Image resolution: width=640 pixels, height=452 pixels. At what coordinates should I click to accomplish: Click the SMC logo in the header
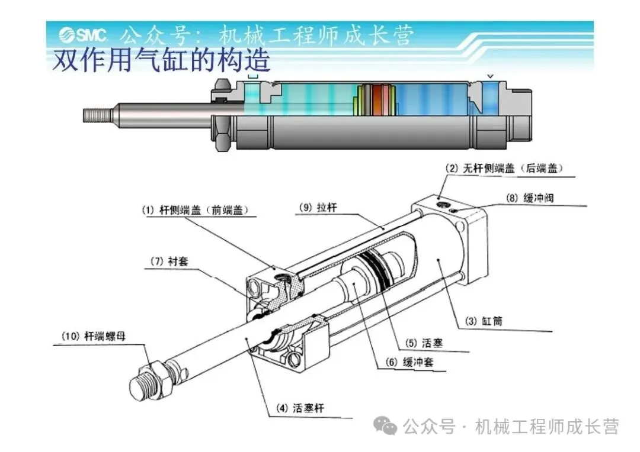click(84, 35)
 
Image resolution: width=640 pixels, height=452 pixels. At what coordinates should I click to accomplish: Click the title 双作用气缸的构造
click(162, 61)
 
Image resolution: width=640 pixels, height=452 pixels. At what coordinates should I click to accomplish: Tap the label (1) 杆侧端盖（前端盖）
click(195, 210)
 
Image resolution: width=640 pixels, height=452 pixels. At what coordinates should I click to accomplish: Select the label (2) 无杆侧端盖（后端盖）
click(504, 169)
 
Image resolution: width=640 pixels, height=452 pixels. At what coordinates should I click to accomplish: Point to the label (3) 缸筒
click(484, 321)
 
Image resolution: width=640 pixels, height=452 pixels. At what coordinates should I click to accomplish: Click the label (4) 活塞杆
click(300, 408)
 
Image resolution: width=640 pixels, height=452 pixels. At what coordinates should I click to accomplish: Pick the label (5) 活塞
click(424, 343)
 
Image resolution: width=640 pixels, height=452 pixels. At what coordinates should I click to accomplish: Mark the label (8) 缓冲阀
click(530, 198)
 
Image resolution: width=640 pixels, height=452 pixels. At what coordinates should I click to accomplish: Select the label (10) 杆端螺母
click(94, 336)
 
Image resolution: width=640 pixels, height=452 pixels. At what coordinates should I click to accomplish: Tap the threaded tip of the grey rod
click(97, 115)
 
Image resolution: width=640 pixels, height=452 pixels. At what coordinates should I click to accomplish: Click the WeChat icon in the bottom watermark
click(385, 426)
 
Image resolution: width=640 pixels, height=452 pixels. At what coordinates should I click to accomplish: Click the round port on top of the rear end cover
click(441, 204)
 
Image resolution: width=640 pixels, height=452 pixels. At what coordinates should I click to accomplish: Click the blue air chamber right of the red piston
click(432, 100)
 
